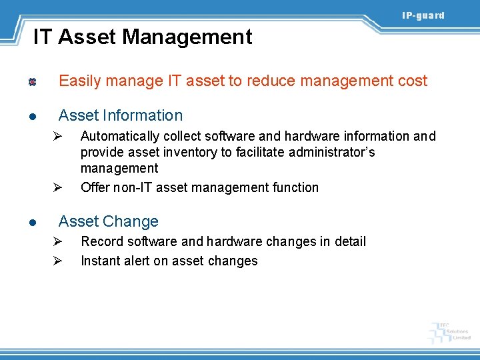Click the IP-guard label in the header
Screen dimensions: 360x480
click(x=423, y=15)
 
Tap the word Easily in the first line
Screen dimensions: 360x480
click(x=79, y=81)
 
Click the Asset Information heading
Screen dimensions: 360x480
click(x=121, y=115)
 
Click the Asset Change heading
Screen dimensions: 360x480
click(x=109, y=221)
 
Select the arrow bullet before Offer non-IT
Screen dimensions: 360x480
click(x=58, y=187)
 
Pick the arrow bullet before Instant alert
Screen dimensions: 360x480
click(x=58, y=261)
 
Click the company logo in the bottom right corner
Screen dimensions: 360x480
click(x=450, y=331)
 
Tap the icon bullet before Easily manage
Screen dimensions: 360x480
click(x=31, y=82)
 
